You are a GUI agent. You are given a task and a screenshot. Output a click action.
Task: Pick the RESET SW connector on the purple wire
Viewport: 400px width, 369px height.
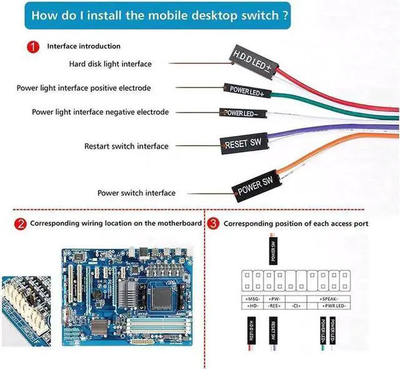[x=244, y=144]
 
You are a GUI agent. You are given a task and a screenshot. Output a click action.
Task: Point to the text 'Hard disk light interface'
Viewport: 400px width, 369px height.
[x=110, y=64]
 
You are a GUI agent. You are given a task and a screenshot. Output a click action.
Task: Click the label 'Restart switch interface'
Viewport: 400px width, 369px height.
[x=126, y=146]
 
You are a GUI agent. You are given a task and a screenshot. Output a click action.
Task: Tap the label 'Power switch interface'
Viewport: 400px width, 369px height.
[x=136, y=193]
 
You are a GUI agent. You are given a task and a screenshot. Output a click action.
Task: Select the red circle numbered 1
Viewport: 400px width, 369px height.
[x=33, y=47]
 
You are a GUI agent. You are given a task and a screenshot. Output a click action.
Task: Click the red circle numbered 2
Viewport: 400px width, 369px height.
[x=21, y=224]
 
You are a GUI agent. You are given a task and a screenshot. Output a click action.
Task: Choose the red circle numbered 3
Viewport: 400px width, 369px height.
[x=213, y=224]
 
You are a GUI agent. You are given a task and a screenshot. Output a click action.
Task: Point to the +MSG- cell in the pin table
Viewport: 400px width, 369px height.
[x=253, y=299]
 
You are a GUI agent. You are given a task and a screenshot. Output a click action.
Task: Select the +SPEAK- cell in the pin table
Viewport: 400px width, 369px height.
[x=331, y=299]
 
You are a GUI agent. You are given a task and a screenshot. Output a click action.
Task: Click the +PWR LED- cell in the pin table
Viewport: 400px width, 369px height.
[x=331, y=306]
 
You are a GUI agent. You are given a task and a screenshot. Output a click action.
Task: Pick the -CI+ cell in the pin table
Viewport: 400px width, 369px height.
[x=297, y=306]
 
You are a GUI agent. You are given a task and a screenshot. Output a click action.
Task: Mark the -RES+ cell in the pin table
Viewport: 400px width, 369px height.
[x=273, y=306]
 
